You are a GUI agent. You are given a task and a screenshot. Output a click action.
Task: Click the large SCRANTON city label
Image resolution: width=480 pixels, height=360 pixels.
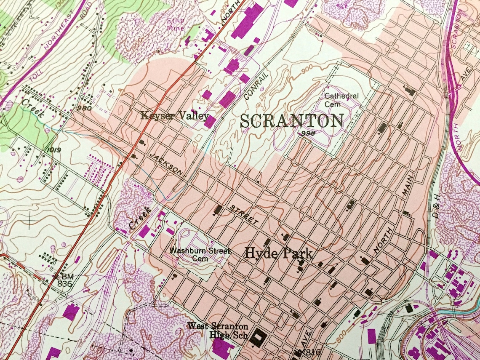(x=292, y=121)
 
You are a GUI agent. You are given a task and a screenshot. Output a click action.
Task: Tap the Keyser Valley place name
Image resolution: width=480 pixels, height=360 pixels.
(x=175, y=115)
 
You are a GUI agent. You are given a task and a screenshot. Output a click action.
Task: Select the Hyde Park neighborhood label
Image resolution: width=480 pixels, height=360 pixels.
(x=279, y=253)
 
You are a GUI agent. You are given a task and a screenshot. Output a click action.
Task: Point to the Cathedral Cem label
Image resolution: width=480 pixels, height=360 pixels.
(x=341, y=99)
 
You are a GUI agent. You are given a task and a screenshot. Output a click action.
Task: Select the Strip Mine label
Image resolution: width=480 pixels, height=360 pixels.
(x=176, y=24)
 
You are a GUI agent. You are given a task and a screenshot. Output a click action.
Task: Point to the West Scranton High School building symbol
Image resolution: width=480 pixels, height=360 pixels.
(x=258, y=338)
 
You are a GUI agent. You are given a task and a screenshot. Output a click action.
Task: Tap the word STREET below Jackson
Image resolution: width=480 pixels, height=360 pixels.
(x=244, y=214)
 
